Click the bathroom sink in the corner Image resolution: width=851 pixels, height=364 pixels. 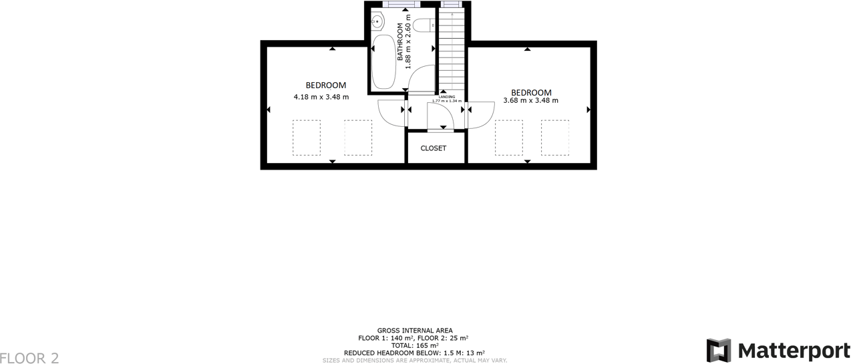tap(378, 22)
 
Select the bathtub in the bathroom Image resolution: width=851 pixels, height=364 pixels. tap(383, 61)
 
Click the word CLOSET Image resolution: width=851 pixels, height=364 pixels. tap(434, 148)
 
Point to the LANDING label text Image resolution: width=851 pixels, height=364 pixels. tap(447, 97)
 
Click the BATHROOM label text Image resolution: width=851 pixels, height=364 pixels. tap(401, 42)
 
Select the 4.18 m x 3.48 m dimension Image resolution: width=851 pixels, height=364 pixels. tap(321, 97)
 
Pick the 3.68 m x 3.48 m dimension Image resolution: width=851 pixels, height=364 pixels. tap(530, 101)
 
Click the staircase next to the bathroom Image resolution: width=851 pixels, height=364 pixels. tap(452, 50)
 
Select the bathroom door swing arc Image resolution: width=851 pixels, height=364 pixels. tap(421, 80)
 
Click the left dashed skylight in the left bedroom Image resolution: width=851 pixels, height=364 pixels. tap(306, 138)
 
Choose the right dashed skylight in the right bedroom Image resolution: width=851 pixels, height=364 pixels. tap(554, 138)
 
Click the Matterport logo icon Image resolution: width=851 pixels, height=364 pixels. tap(719, 351)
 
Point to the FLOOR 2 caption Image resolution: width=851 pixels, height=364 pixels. tap(29, 358)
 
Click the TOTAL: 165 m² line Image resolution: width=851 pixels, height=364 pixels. tap(414, 345)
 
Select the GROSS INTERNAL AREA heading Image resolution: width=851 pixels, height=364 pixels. tap(414, 331)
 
